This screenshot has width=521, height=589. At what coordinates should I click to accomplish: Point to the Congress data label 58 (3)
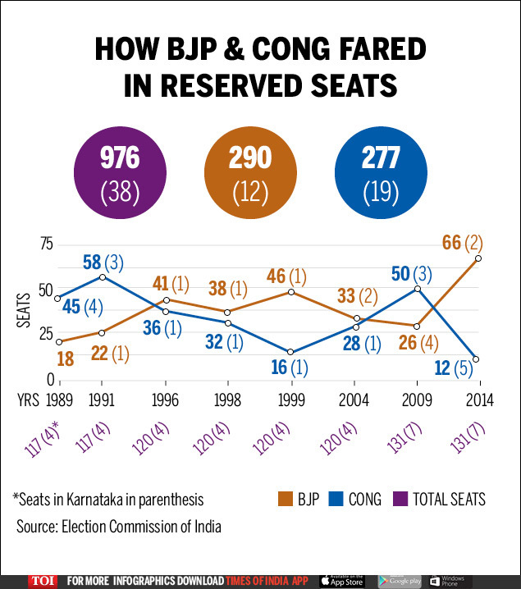point(102,264)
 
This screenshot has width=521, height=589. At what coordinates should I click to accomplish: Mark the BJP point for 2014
point(478,258)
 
